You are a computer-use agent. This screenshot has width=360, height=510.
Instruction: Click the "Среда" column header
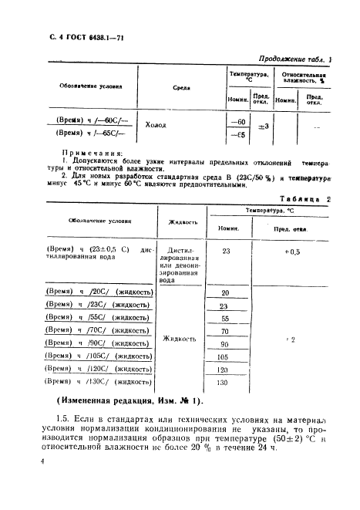point(181,87)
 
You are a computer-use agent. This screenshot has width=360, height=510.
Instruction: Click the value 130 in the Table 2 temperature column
point(224,382)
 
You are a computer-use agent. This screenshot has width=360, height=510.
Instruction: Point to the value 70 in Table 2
point(225,331)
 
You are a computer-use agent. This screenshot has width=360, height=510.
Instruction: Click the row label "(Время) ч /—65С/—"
point(84,133)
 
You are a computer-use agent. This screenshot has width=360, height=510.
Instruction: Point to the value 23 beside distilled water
point(226,251)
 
